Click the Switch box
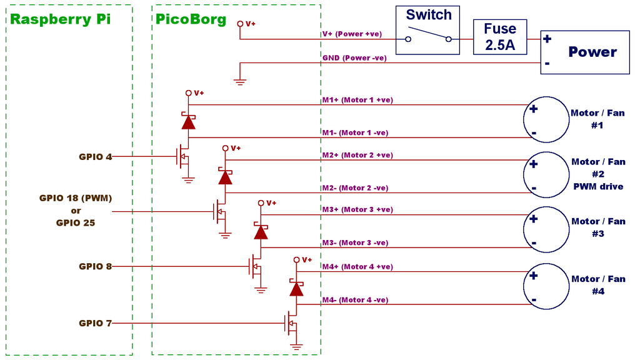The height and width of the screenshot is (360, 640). point(428,29)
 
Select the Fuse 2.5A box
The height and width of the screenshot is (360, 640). point(500,37)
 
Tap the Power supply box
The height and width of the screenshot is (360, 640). point(584,52)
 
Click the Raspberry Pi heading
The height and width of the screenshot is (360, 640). point(61,19)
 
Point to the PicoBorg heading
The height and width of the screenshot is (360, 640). point(191,19)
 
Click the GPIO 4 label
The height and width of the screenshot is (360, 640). point(95,156)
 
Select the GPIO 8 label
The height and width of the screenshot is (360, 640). point(95,266)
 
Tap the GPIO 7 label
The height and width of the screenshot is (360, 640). point(95,323)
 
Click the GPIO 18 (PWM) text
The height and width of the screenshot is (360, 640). point(76,198)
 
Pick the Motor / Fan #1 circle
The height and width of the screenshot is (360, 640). point(546,120)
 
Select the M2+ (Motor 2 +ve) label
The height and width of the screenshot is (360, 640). point(357,155)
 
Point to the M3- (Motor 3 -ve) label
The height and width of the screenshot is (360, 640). point(355,242)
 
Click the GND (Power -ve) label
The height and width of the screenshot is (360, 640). point(354,58)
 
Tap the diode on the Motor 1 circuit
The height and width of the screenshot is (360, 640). point(188,121)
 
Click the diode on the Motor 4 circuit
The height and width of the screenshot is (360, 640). point(296,287)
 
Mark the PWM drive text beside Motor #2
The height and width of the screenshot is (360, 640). point(598,186)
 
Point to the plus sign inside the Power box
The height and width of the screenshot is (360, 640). point(547,39)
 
